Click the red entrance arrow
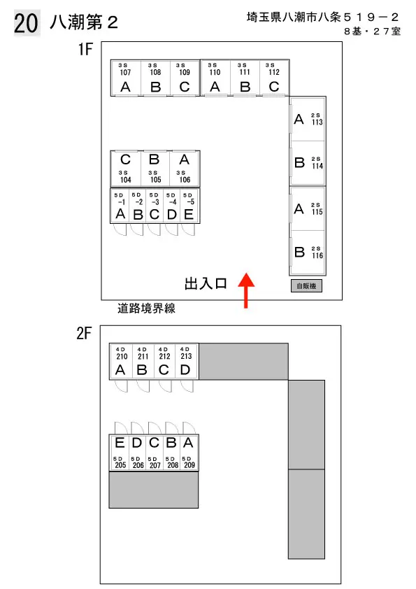[246, 290]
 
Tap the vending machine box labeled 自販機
[306, 286]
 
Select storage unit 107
[126, 78]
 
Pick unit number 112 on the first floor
[274, 78]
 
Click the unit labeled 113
[308, 120]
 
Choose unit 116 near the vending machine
[308, 253]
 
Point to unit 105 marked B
[155, 169]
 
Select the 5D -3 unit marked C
[155, 206]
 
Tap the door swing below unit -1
[120, 229]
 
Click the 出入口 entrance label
[206, 283]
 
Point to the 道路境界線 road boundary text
[146, 308]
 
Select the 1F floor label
[85, 49]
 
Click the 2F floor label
[84, 333]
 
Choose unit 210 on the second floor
[121, 361]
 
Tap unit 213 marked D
[186, 361]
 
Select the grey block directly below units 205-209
[154, 490]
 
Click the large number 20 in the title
[27, 23]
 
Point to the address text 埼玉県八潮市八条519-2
[323, 17]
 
